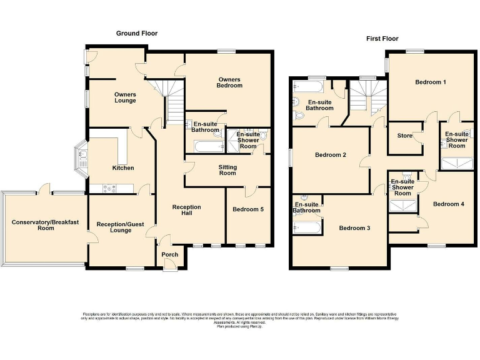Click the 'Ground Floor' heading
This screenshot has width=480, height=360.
coord(137,33)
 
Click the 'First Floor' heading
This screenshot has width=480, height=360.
coord(383,39)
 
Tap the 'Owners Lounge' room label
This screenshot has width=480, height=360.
coord(125,97)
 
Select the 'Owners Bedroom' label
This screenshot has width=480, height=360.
coord(229,82)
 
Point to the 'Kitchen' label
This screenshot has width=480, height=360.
coord(123,167)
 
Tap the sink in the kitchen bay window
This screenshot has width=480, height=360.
coord(82,156)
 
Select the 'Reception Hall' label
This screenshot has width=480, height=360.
coord(186,210)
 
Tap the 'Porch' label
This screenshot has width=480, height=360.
coord(169,254)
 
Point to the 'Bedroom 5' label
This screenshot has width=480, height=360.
coord(247,209)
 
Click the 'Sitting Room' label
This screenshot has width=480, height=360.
coord(227,169)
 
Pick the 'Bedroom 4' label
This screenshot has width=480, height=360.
coord(449,204)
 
